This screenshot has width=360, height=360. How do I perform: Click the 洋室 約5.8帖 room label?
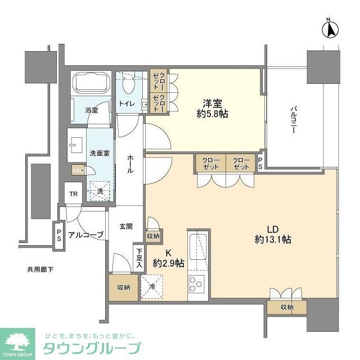(x=214, y=107)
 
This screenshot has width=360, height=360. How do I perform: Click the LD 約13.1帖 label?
(x=273, y=235)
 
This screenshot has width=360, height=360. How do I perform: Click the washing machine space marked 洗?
(x=100, y=191)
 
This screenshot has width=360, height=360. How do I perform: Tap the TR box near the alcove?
(x=73, y=195)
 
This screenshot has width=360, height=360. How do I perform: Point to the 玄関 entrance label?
(x=125, y=227)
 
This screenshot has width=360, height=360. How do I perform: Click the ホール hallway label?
(x=130, y=164)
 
